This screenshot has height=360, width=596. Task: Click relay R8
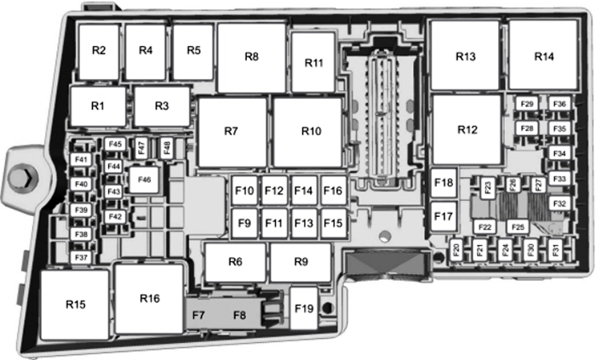(251, 57)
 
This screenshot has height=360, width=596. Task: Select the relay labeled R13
(465, 56)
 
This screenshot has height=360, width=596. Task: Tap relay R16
(150, 298)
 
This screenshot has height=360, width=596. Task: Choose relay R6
(234, 261)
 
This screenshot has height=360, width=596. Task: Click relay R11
(315, 64)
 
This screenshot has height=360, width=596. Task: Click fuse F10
(244, 191)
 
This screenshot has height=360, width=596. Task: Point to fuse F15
(333, 223)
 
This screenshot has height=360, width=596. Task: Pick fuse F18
(444, 182)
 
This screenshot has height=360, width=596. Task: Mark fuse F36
(559, 104)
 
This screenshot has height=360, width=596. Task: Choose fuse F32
(559, 204)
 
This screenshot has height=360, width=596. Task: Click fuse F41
(82, 160)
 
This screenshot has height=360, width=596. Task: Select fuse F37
(82, 257)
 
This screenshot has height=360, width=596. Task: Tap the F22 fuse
(485, 226)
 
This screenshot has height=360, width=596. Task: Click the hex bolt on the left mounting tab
(23, 179)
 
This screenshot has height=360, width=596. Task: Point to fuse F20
(456, 249)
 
